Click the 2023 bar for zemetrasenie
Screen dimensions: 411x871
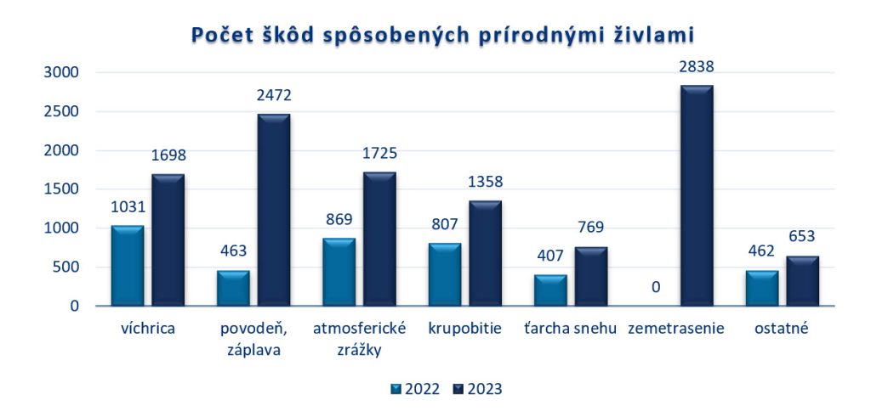click(x=696, y=195)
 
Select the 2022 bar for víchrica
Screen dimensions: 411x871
click(x=127, y=266)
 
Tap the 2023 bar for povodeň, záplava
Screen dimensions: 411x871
click(x=274, y=210)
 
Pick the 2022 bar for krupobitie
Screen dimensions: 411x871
click(x=445, y=274)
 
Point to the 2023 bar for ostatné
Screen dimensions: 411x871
click(x=802, y=281)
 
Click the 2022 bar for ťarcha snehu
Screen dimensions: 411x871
click(x=550, y=290)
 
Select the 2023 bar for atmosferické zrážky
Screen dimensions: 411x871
click(x=379, y=239)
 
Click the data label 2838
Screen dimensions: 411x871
click(x=696, y=66)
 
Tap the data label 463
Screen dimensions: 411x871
click(x=233, y=252)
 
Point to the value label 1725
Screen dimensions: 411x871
click(x=379, y=154)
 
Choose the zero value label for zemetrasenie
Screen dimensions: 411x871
click(x=656, y=288)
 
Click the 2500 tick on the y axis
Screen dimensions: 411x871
click(x=61, y=112)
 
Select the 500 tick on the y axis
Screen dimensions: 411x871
click(x=65, y=267)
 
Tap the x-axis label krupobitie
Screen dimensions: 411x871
click(x=464, y=329)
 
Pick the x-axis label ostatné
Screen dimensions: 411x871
click(x=782, y=329)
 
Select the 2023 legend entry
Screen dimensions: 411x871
click(x=477, y=389)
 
